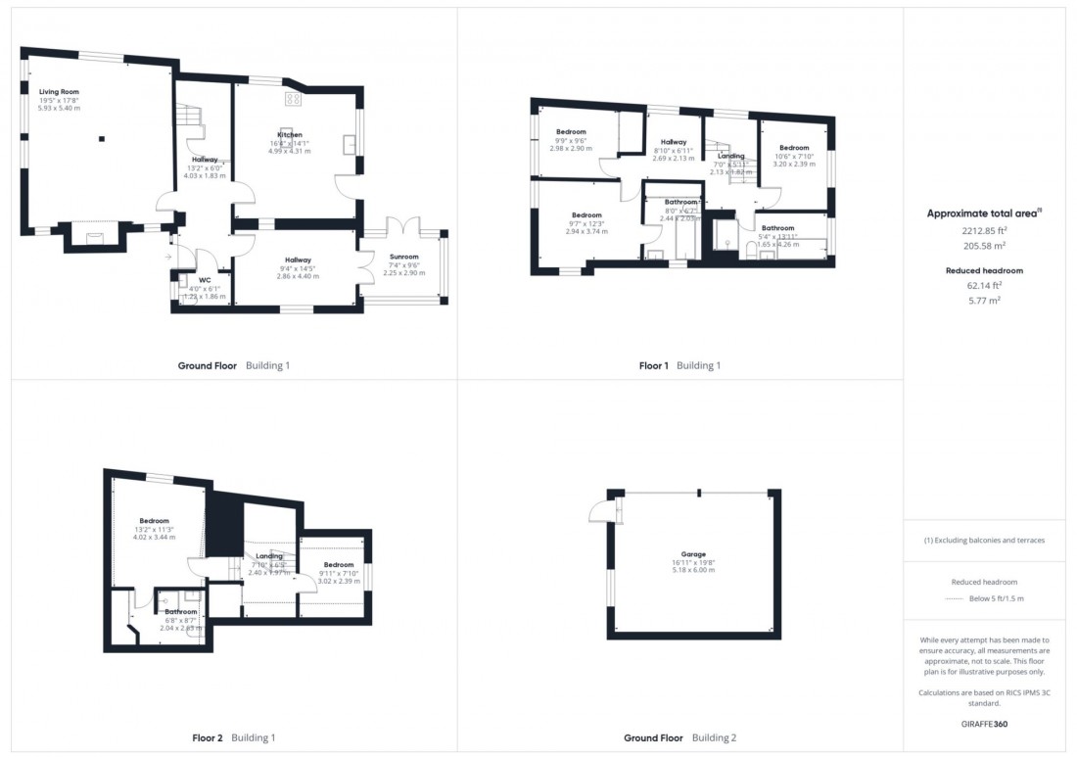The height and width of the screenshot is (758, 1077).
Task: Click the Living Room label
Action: coord(59,91)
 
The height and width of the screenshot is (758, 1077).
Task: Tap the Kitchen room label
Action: coord(289,134)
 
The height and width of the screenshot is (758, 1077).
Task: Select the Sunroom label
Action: coord(402,257)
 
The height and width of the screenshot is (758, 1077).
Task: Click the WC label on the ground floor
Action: coord(206,280)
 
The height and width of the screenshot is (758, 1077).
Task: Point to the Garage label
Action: coord(694,554)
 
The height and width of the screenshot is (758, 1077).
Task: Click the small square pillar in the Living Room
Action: coord(101,138)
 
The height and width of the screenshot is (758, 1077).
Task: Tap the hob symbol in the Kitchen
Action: coord(293,99)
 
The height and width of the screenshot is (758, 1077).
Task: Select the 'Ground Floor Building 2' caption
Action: coord(679,737)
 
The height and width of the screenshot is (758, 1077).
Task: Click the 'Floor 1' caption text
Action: coord(653,365)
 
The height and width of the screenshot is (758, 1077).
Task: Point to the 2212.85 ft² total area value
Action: coord(984,231)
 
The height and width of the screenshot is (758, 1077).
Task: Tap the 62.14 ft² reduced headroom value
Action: coord(984,286)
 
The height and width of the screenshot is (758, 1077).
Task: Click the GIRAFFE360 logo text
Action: coord(984,723)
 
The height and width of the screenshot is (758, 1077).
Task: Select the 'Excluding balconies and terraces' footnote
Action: coord(984,541)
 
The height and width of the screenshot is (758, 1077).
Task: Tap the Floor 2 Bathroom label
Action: coord(181,612)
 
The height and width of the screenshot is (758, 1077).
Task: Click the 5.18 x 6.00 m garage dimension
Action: coord(694,572)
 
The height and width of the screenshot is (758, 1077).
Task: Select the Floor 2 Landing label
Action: coord(269,556)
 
